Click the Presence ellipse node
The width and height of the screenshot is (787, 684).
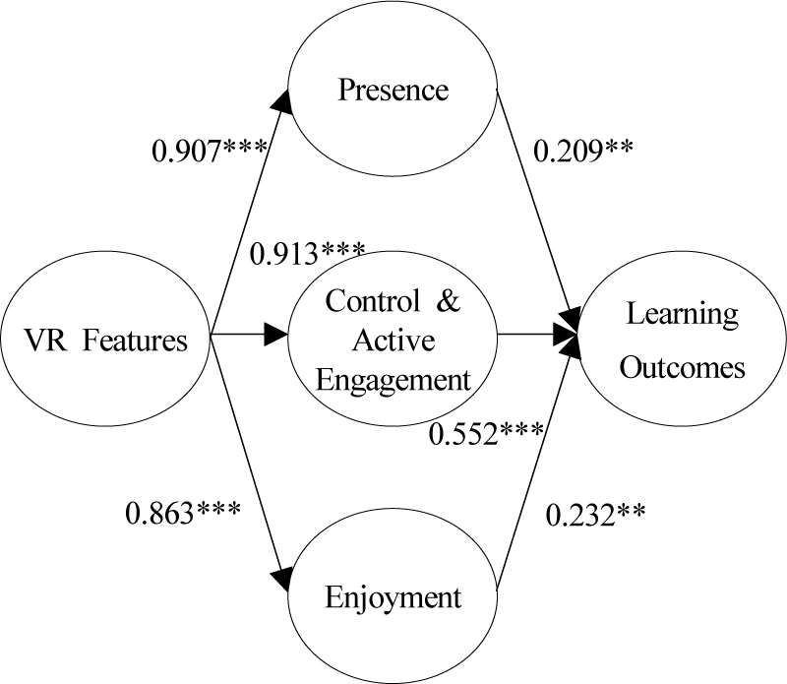[393, 91]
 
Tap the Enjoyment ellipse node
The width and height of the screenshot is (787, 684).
[393, 597]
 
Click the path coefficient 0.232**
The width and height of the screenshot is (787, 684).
[596, 513]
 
